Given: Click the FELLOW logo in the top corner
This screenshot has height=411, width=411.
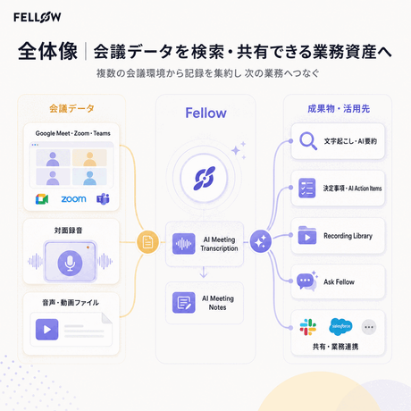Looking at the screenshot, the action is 38,17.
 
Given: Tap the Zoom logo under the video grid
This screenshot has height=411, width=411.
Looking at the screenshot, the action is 73,199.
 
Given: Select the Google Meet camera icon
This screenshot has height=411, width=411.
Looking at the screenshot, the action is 42,199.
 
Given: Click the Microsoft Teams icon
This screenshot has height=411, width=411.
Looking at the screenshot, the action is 103,199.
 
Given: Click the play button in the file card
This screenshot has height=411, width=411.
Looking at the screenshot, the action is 46,330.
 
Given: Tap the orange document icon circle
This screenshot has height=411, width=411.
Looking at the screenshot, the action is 147,242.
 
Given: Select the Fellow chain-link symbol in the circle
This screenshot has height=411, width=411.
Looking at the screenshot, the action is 205,179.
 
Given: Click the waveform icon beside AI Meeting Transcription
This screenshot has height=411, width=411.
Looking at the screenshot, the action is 184,244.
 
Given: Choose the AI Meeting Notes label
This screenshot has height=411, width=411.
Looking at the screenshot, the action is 218,303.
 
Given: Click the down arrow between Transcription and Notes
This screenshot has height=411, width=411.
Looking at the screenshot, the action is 204,273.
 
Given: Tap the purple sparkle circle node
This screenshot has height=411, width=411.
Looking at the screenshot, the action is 261,241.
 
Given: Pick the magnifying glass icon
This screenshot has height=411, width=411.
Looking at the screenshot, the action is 308,140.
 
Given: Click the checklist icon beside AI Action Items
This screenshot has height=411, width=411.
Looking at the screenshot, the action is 307,189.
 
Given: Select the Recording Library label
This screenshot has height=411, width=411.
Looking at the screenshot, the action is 348,236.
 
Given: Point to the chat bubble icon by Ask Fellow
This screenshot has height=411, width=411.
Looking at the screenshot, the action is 306,281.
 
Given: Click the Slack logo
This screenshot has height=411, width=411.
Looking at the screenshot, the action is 308,327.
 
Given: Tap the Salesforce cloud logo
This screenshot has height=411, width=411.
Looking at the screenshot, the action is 340,326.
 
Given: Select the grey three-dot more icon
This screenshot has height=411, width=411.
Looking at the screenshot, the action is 369,327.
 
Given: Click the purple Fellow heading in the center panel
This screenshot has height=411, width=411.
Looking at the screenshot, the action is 205,113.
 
